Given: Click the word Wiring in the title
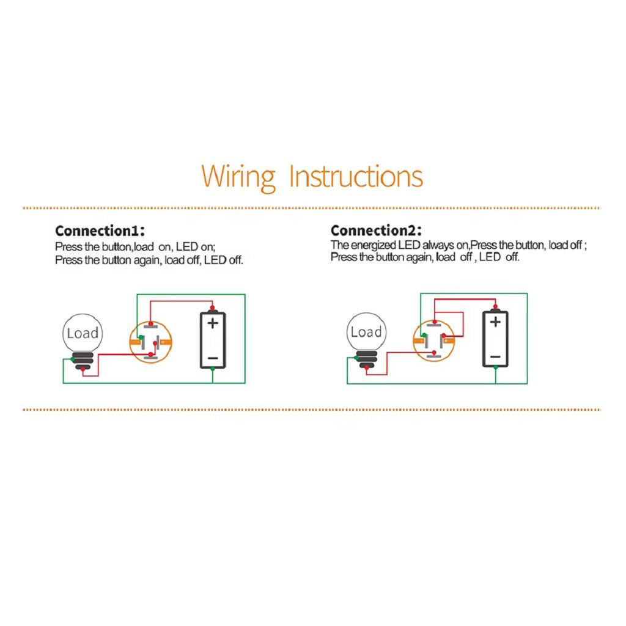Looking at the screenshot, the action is click(x=238, y=177).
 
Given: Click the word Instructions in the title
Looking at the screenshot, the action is click(x=356, y=176).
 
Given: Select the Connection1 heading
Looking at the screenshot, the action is click(x=100, y=230).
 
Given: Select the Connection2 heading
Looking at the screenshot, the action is click(x=376, y=230).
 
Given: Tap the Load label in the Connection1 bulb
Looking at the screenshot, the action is click(x=83, y=333).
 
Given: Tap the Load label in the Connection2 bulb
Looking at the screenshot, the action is click(x=366, y=332).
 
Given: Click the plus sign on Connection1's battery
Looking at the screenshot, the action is click(x=213, y=323).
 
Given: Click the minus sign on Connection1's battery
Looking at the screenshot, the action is click(x=213, y=358).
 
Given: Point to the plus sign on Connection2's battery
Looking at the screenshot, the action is click(x=495, y=322).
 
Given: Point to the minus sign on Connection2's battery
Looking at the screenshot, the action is click(x=495, y=357).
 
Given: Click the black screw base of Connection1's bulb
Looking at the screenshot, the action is click(x=83, y=361).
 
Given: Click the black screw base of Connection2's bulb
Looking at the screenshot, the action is click(x=366, y=359).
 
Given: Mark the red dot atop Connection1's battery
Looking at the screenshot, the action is click(x=212, y=307).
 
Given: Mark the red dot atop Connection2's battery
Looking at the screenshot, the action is click(x=495, y=307).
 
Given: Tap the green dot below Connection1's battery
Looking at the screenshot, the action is click(x=212, y=370).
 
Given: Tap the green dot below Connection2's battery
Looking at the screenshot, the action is click(x=495, y=367).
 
